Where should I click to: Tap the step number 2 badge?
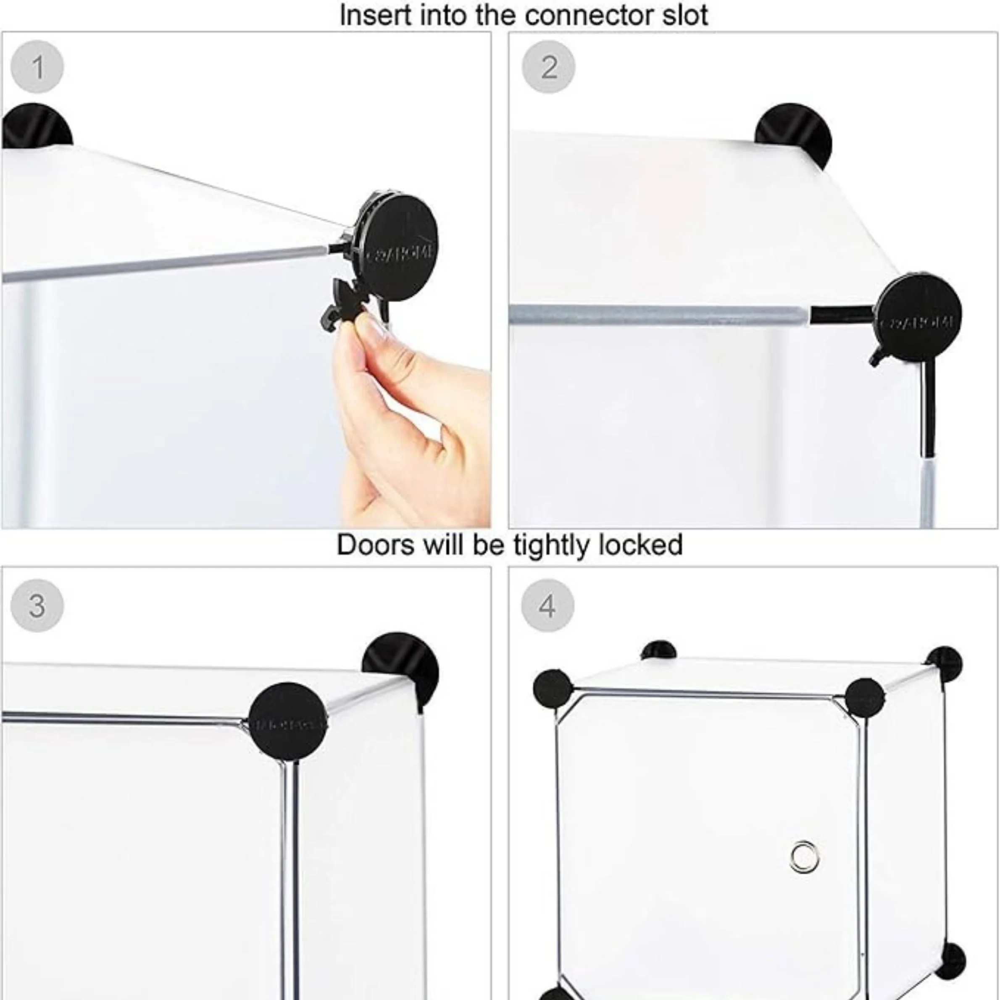(x=548, y=67)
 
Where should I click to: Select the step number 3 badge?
(x=37, y=605)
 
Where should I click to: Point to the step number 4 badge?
(x=547, y=605)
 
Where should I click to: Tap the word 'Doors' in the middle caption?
(x=375, y=545)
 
